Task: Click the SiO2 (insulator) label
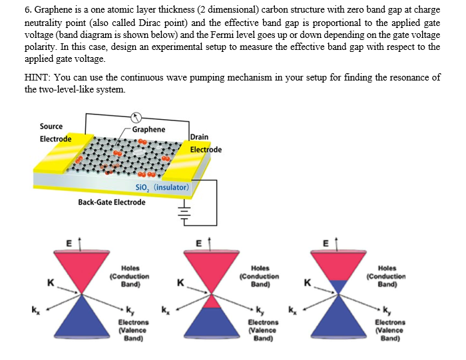pyautogui.click(x=163, y=188)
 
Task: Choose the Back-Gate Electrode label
pyautogui.click(x=111, y=202)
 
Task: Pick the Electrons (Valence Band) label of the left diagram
pyautogui.click(x=133, y=330)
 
